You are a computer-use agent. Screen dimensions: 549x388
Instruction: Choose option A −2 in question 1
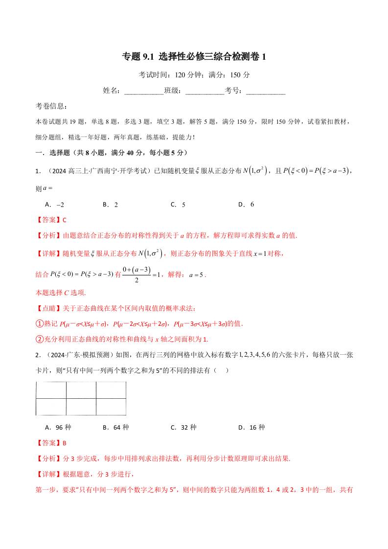tap(55, 205)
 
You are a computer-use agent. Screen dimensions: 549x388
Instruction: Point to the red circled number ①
tap(40, 324)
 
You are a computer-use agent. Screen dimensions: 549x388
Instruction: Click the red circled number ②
tap(40, 339)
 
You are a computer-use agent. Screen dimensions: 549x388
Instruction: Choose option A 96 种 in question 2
tap(58, 427)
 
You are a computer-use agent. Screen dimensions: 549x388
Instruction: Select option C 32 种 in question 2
tap(183, 427)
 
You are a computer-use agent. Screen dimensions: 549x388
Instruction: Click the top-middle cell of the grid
tap(81, 390)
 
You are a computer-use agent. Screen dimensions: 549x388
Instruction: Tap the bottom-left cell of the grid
tap(51, 407)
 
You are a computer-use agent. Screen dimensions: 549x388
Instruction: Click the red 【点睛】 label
tap(49, 308)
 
